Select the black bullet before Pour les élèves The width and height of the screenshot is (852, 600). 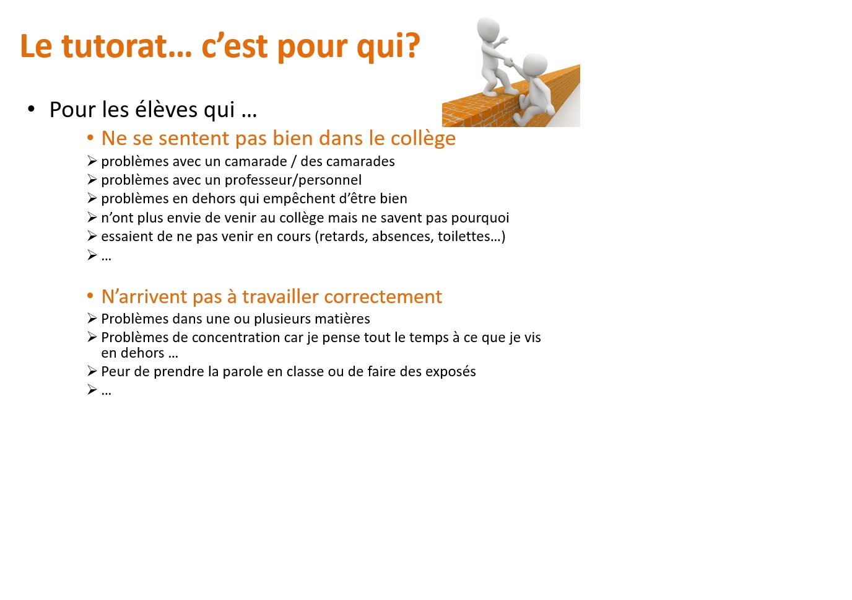31,109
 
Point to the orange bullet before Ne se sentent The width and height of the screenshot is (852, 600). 90,138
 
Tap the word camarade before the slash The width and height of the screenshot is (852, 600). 256,161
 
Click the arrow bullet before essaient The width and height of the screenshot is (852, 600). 92,236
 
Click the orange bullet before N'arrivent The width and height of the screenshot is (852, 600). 90,296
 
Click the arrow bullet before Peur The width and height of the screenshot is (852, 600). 92,371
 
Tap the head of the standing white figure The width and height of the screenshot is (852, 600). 489,29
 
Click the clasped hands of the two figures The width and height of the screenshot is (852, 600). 509,63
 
